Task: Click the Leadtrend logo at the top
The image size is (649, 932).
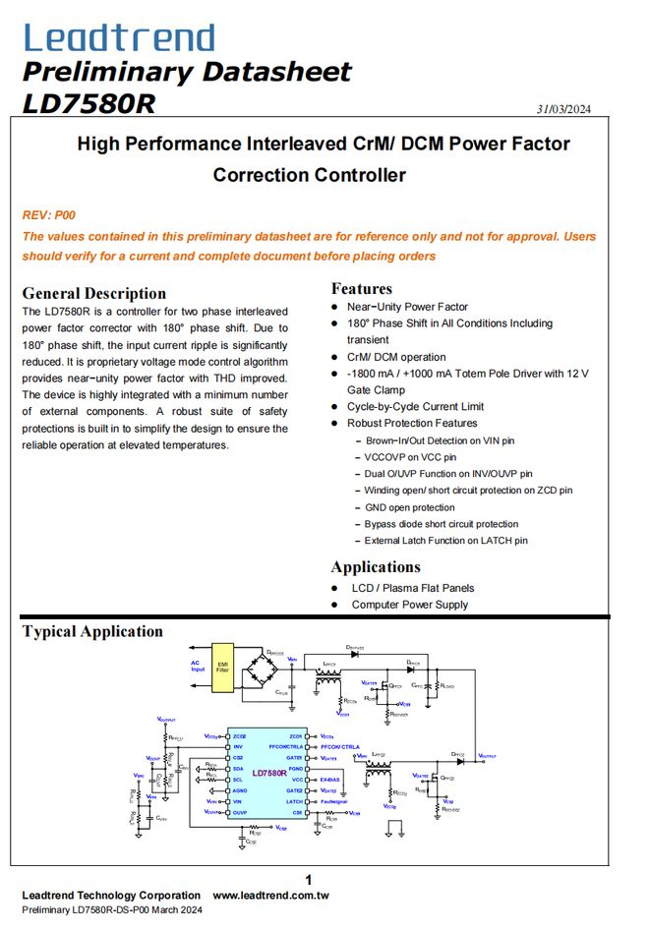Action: (118, 37)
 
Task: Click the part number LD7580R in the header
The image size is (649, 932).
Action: (88, 103)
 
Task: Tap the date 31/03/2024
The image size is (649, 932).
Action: (563, 108)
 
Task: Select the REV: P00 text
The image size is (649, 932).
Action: (48, 214)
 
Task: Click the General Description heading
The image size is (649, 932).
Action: (93, 293)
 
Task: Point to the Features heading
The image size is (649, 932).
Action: (361, 288)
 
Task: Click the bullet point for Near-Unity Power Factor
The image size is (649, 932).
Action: (335, 307)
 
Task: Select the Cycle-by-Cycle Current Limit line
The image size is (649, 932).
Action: (415, 406)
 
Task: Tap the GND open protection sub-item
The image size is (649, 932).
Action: (409, 507)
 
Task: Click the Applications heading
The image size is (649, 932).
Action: (375, 566)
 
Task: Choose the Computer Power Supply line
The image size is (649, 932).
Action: (409, 605)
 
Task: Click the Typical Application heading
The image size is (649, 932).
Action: (92, 631)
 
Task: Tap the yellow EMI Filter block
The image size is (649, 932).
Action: (222, 668)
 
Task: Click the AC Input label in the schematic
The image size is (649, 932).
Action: (198, 666)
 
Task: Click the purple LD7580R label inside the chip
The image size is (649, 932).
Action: (267, 773)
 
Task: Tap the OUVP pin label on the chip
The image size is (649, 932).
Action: (239, 813)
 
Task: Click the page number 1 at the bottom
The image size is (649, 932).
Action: (309, 880)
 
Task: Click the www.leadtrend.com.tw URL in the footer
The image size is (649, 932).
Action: (270, 896)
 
